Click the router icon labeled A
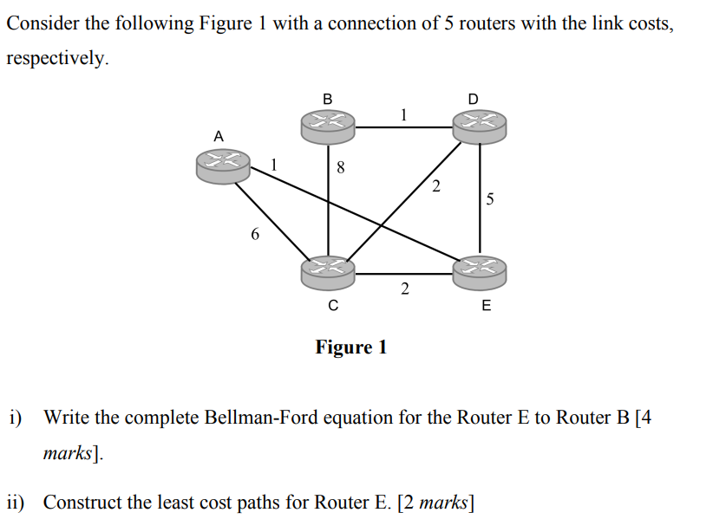[223, 165]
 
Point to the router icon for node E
[479, 271]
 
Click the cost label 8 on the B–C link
[341, 170]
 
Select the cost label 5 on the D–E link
[490, 200]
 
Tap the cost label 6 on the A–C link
[254, 234]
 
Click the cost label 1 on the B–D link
[403, 114]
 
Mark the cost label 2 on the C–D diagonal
[435, 185]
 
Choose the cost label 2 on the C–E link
[404, 289]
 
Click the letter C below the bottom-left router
[332, 305]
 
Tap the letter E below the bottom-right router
[485, 305]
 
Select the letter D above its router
[473, 98]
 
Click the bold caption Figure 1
[351, 347]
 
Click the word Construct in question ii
[80, 502]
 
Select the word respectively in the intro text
[57, 59]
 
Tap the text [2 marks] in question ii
[434, 502]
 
